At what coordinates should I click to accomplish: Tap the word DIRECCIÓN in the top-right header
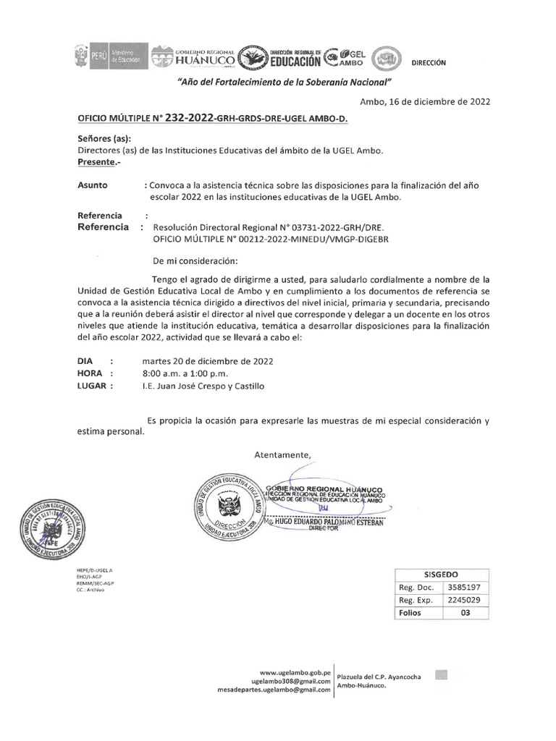click(429, 63)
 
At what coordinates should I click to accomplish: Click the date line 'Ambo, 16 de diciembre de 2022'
click(425, 102)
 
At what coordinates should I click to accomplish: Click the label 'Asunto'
click(92, 185)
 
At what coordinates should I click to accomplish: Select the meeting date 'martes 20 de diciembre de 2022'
click(208, 360)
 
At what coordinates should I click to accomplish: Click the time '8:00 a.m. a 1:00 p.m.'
click(185, 373)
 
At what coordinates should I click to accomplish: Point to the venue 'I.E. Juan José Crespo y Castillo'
click(204, 386)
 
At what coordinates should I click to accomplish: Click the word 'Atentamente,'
click(282, 454)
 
